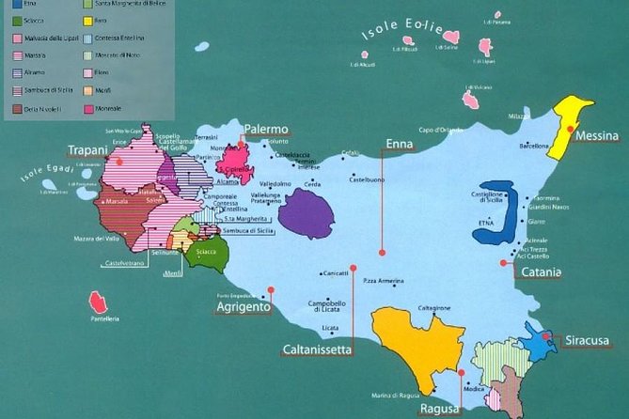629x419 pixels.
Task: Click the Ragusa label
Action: click(440, 409)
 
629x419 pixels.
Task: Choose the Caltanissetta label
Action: click(318, 349)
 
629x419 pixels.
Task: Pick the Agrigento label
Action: click(243, 307)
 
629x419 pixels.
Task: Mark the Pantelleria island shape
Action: click(97, 303)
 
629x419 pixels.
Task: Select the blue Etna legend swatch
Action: click(16, 4)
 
